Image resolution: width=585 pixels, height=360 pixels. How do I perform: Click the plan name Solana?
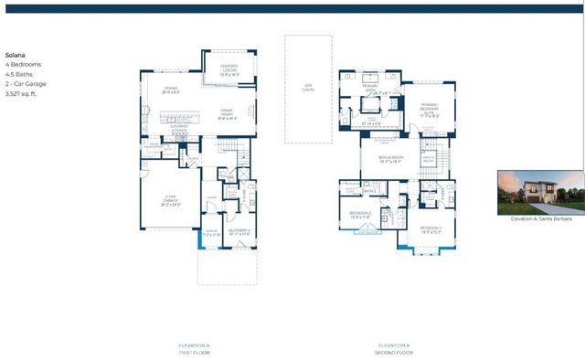point(16,55)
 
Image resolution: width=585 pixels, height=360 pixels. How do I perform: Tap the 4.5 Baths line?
point(19,74)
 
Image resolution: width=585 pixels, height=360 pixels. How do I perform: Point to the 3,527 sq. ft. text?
point(23,93)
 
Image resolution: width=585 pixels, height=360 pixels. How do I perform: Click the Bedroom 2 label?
point(431,228)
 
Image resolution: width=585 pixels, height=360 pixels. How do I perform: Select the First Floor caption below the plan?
point(196,348)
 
